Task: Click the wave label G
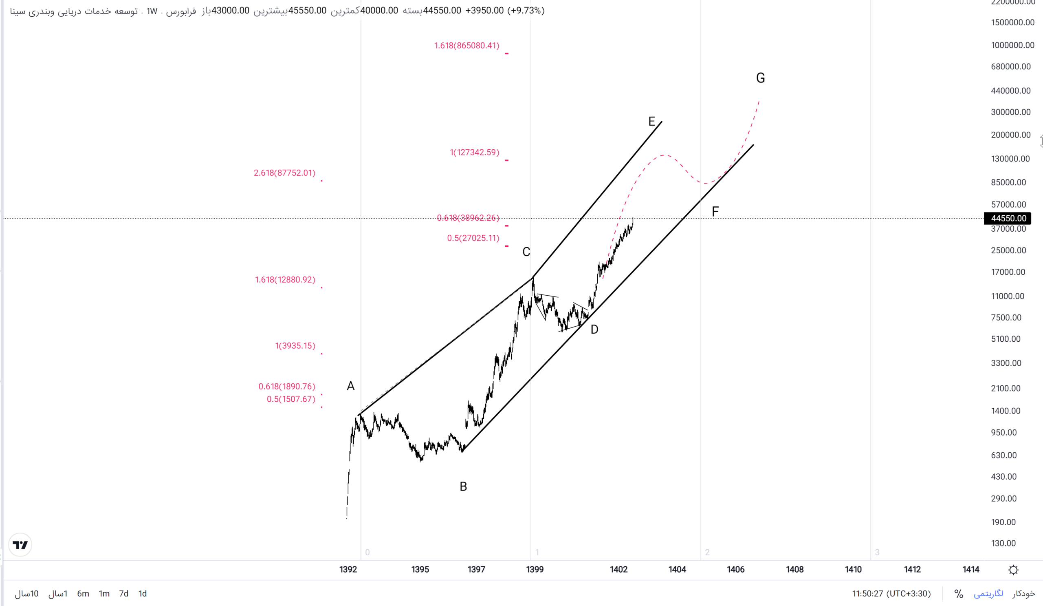click(760, 78)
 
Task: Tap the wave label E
click(651, 122)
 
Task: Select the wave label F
click(715, 212)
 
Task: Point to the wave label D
click(594, 329)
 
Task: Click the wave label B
click(463, 486)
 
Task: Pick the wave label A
click(350, 386)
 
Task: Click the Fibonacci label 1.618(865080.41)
click(466, 46)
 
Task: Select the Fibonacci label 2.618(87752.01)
click(284, 173)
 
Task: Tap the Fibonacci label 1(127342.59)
click(474, 153)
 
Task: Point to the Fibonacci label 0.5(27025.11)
click(473, 238)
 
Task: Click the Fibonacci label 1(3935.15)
click(295, 345)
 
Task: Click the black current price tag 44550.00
click(1008, 218)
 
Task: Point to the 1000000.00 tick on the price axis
click(1012, 45)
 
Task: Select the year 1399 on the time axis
click(535, 569)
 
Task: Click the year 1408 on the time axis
click(794, 569)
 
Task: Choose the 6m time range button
click(83, 594)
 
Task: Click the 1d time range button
click(142, 594)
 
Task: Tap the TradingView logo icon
click(20, 545)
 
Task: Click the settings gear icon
click(1013, 570)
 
